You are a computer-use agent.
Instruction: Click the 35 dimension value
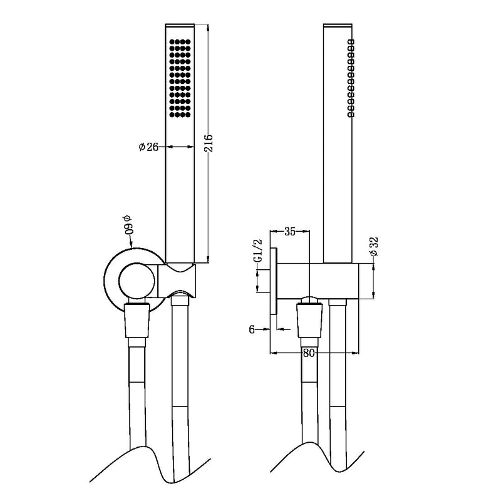pyautogui.click(x=290, y=232)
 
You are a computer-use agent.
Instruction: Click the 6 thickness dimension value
pyautogui.click(x=252, y=329)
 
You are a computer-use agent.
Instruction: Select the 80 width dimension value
pyautogui.click(x=308, y=353)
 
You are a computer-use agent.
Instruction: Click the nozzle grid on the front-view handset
pyautogui.click(x=180, y=79)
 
